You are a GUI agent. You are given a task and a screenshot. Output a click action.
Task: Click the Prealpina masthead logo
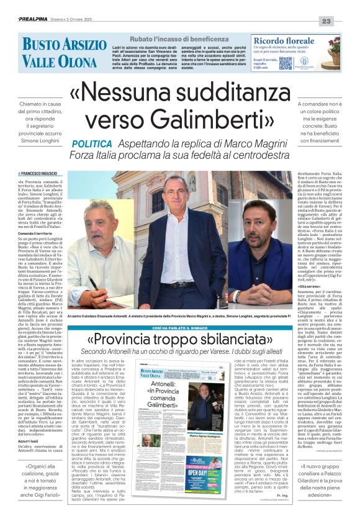(36, 20)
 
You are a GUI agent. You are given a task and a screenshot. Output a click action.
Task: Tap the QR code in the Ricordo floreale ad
(285, 63)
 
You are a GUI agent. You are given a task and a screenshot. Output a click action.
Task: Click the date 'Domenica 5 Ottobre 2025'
(86, 21)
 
